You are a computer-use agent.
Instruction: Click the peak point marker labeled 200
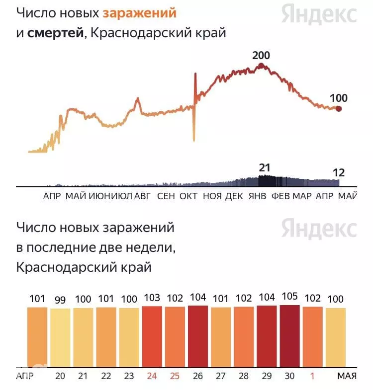261,66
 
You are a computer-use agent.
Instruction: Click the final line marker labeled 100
338,109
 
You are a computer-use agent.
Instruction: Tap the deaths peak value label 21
264,168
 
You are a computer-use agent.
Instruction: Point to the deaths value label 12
339,173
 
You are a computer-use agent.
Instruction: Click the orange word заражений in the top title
139,13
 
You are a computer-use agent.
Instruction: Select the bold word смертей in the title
55,33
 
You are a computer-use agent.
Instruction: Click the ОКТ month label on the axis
188,196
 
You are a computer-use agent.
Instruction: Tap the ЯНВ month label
257,196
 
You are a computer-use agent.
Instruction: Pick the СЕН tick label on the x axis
166,196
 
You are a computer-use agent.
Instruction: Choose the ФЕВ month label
280,196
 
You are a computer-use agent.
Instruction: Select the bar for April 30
289,336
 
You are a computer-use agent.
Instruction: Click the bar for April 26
198,336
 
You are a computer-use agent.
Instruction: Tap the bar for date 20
60,338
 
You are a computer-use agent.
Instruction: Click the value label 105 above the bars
290,296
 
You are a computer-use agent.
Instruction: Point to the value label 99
60,300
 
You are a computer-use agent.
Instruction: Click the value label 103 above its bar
152,298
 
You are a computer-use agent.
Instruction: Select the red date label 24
152,376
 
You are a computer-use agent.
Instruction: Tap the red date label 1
312,376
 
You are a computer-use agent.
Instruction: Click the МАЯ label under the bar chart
347,376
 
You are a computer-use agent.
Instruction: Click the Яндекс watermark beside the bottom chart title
319,229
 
